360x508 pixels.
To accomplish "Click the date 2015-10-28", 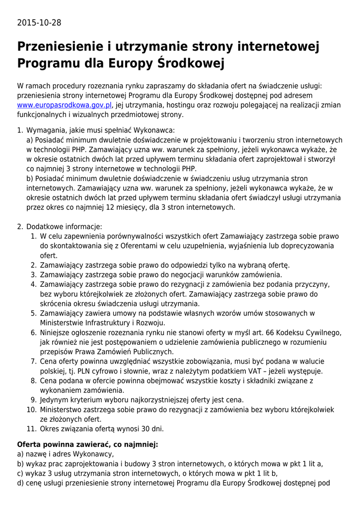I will click(x=39, y=23).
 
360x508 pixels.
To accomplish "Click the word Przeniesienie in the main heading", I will click(x=60, y=47).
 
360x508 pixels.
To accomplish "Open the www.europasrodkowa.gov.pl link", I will click(x=65, y=105).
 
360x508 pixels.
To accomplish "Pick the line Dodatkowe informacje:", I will click(x=64, y=226).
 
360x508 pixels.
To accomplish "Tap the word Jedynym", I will click(x=54, y=399).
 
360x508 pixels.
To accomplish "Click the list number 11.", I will click(x=31, y=429).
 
